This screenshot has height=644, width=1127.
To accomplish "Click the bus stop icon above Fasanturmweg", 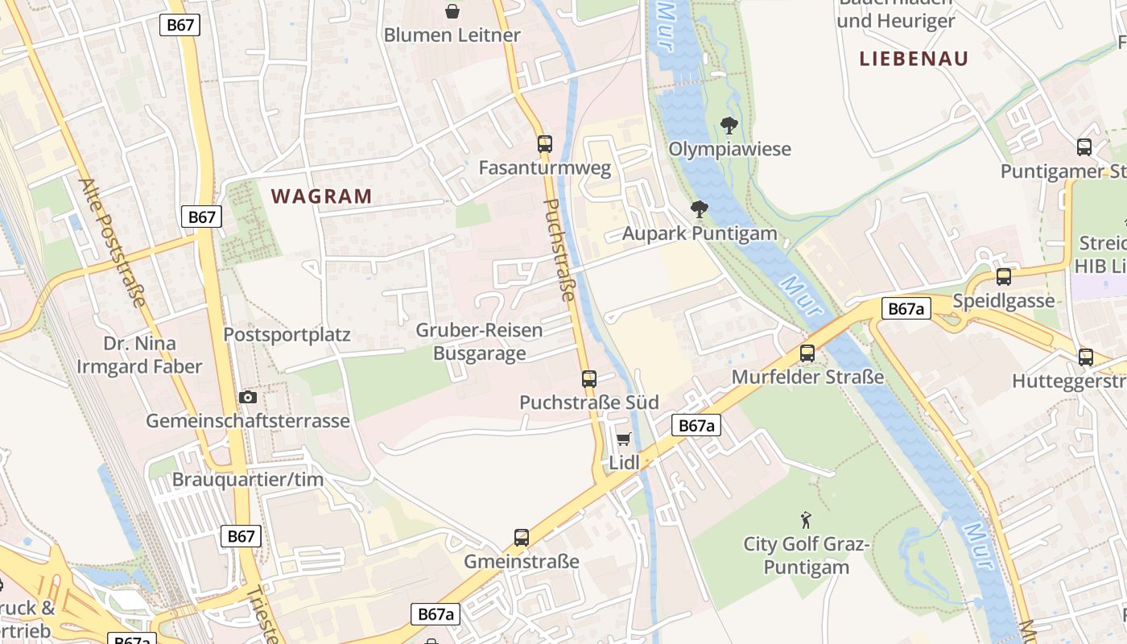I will tap(545, 144).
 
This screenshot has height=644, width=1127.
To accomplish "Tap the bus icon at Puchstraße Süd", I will tap(589, 378).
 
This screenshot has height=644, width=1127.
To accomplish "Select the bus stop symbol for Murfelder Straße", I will tap(807, 353).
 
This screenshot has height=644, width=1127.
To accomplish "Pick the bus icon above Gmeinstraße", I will tap(522, 537).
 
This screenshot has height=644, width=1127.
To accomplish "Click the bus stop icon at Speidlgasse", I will tap(1004, 277).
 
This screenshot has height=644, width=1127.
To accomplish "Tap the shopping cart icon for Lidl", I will tap(623, 439).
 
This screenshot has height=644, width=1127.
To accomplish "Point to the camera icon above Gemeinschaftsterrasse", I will tap(248, 397).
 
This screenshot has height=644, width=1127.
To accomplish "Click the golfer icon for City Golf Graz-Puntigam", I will tap(806, 520).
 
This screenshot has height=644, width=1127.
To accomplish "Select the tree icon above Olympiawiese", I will tap(729, 125).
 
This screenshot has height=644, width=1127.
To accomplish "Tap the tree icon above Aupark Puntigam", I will tap(700, 209).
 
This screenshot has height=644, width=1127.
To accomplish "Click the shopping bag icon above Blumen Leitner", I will tap(452, 11).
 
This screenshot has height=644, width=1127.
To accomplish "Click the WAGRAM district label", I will tap(322, 196).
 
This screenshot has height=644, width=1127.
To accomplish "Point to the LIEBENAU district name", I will tap(914, 59).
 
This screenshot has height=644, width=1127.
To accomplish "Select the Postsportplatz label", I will tap(287, 335).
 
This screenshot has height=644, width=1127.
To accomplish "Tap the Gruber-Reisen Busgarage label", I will tap(479, 342).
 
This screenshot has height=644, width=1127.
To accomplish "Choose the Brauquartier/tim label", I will tap(248, 480).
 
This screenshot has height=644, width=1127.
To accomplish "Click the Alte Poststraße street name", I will tap(113, 242).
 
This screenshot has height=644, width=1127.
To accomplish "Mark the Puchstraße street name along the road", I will tap(560, 250).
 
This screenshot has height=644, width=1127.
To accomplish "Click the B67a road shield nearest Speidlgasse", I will tap(906, 308).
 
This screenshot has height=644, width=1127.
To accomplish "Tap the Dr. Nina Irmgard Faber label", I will tap(140, 355).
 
